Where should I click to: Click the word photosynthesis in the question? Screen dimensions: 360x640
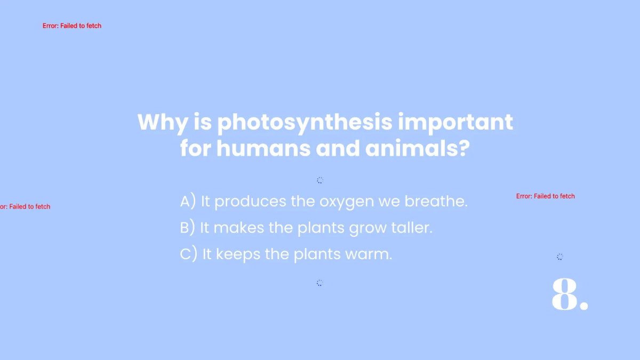(x=305, y=123)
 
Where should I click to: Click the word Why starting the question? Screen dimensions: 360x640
(x=162, y=123)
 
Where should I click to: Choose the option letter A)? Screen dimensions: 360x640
(x=188, y=202)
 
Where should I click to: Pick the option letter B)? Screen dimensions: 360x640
(x=188, y=228)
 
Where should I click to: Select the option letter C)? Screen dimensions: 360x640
(x=189, y=254)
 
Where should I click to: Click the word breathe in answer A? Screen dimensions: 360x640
(x=436, y=202)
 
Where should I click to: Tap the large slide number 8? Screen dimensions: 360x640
(x=569, y=294)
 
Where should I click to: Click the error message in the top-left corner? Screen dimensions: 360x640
(x=72, y=26)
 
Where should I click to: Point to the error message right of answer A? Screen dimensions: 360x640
(x=546, y=196)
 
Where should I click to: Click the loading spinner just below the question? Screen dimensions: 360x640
(x=320, y=180)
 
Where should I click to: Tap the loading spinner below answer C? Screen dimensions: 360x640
(x=320, y=283)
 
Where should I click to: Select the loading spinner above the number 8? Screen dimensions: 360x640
(x=560, y=257)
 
